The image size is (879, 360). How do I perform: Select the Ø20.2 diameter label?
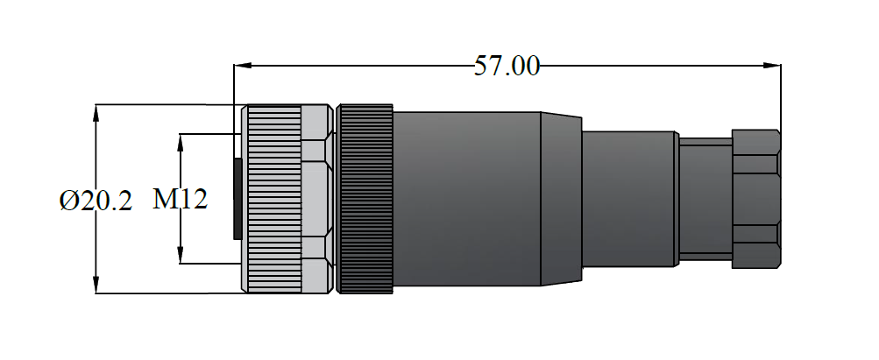pyautogui.click(x=96, y=201)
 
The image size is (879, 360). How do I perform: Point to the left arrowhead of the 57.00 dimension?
pyautogui.click(x=241, y=66)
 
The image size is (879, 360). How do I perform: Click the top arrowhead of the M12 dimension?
pyautogui.click(x=181, y=139)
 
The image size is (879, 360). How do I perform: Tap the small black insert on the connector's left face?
pyautogui.click(x=237, y=199)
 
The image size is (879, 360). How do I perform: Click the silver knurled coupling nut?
pyautogui.click(x=273, y=199)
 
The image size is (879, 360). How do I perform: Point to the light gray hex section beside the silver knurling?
pyautogui.click(x=315, y=199)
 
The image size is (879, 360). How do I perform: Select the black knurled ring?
pyautogui.click(x=365, y=199)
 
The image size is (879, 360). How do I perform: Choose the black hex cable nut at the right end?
pyautogui.click(x=755, y=199)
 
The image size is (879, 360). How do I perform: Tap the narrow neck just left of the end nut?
pyautogui.click(x=705, y=199)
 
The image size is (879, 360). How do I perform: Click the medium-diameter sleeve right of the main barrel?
pyautogui.click(x=628, y=199)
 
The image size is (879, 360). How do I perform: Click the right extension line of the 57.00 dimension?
pyautogui.click(x=782, y=96)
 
